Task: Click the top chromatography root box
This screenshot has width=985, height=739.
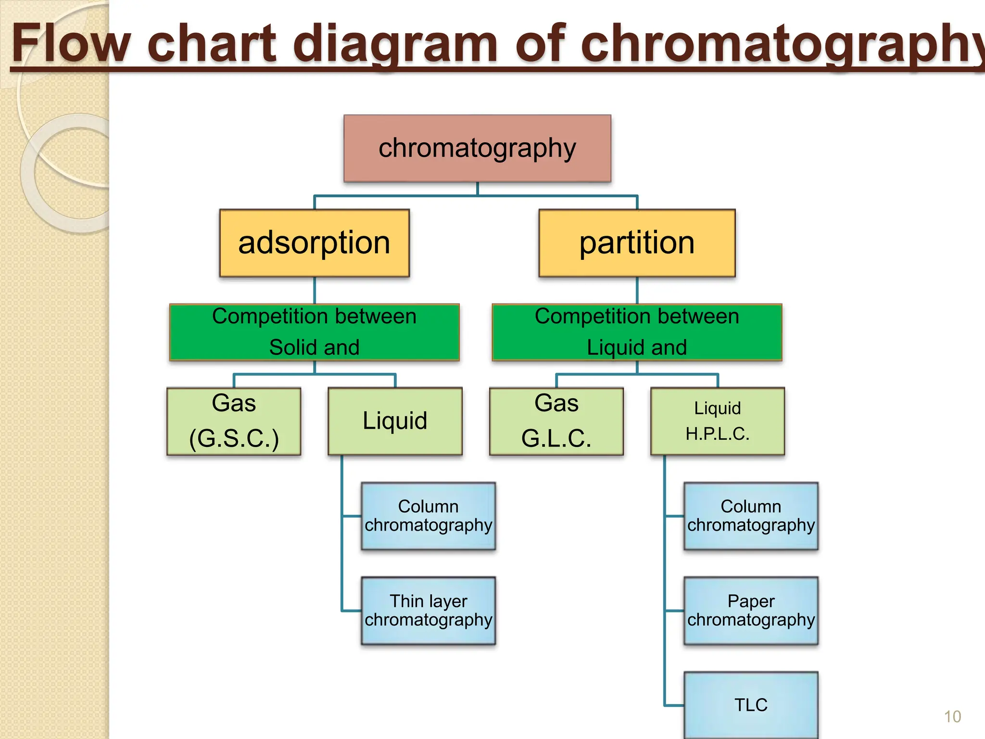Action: [x=477, y=148]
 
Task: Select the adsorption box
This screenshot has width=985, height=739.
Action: [x=314, y=243]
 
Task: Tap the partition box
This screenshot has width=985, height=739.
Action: [x=637, y=243]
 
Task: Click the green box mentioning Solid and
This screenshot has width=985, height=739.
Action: [x=314, y=332]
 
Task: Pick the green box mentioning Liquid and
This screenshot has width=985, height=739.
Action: [x=637, y=332]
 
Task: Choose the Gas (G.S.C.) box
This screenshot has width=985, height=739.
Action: [x=234, y=421]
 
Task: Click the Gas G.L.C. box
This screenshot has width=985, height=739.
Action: [x=556, y=421]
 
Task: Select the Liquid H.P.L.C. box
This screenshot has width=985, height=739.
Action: [x=718, y=421]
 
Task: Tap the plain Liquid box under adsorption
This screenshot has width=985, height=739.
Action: [x=395, y=421]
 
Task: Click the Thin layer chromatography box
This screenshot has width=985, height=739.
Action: [x=428, y=611]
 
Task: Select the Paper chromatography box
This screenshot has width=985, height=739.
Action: [x=751, y=611]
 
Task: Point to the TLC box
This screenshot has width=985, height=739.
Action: [x=751, y=705]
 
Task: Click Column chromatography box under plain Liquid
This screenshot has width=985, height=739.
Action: [x=428, y=516]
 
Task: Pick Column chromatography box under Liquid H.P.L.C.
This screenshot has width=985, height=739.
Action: [x=751, y=516]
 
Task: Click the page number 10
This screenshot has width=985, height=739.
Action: [x=952, y=717]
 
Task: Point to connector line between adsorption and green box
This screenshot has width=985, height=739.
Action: [x=315, y=290]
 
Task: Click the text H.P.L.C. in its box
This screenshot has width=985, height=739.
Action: [x=718, y=434]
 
